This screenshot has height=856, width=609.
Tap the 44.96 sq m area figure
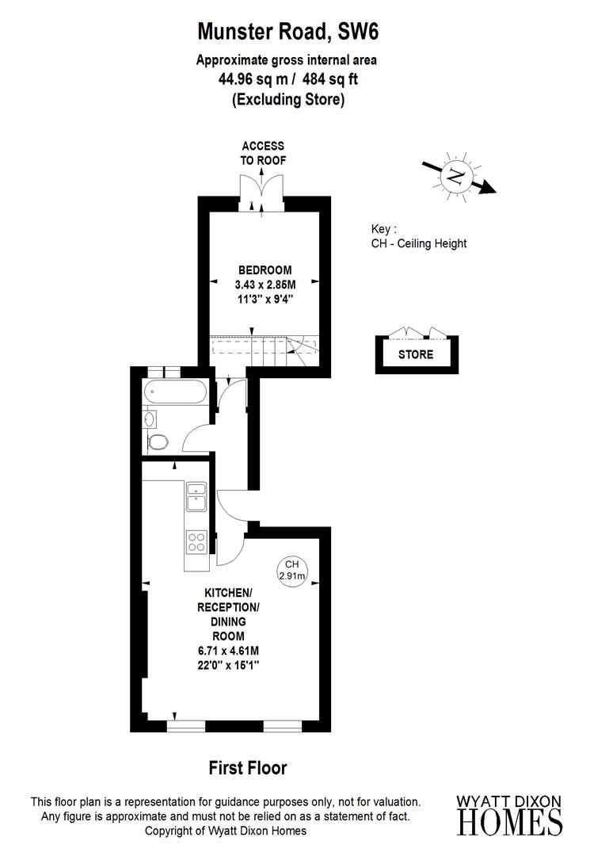coord(251,79)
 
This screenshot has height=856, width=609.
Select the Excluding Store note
coord(287,100)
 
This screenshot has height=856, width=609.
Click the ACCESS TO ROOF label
coord(263,153)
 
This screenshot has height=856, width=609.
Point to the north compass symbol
coord(455,175)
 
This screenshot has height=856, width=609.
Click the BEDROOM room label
coord(265,269)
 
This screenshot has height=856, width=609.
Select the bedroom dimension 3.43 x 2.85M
coord(265,285)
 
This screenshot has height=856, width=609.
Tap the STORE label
coord(416,354)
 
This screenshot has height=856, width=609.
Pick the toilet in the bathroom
coord(158,441)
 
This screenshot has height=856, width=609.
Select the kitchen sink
coord(196,496)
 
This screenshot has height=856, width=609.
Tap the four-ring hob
coord(196,542)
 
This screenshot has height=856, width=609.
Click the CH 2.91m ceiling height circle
coord(291,570)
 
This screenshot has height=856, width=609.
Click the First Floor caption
coord(248,767)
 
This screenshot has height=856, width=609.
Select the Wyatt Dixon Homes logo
coord(511,814)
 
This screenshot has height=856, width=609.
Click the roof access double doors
coord(262,193)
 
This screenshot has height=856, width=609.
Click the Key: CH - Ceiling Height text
coord(419,236)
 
